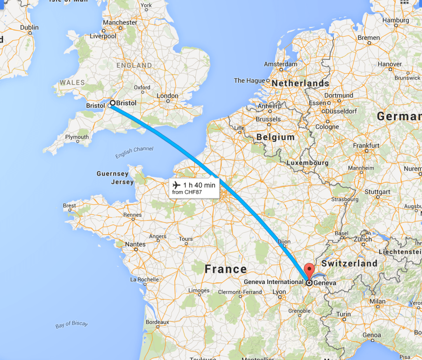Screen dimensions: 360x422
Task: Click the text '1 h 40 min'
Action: pos(199,185)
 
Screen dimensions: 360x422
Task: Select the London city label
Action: pos(168,96)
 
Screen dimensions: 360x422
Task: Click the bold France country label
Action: pos(225,270)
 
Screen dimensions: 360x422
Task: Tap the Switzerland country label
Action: pos(349,263)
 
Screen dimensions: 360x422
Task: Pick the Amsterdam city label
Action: pos(281,64)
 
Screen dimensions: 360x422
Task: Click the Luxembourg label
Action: pos(307,163)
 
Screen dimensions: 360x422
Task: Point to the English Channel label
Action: pos(134,152)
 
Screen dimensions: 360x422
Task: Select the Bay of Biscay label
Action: pos(72,324)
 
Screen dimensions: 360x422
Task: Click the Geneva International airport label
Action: pos(274,282)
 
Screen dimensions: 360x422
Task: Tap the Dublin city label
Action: pos(29,28)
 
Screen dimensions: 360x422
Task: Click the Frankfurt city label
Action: pos(366,146)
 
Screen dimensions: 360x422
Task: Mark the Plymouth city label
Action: pos(77,137)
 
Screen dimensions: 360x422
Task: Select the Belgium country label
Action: pos(275,137)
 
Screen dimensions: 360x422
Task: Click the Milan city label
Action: pos(377,301)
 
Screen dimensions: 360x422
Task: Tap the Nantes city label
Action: pos(135,244)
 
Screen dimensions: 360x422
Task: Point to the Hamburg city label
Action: pos(396,20)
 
